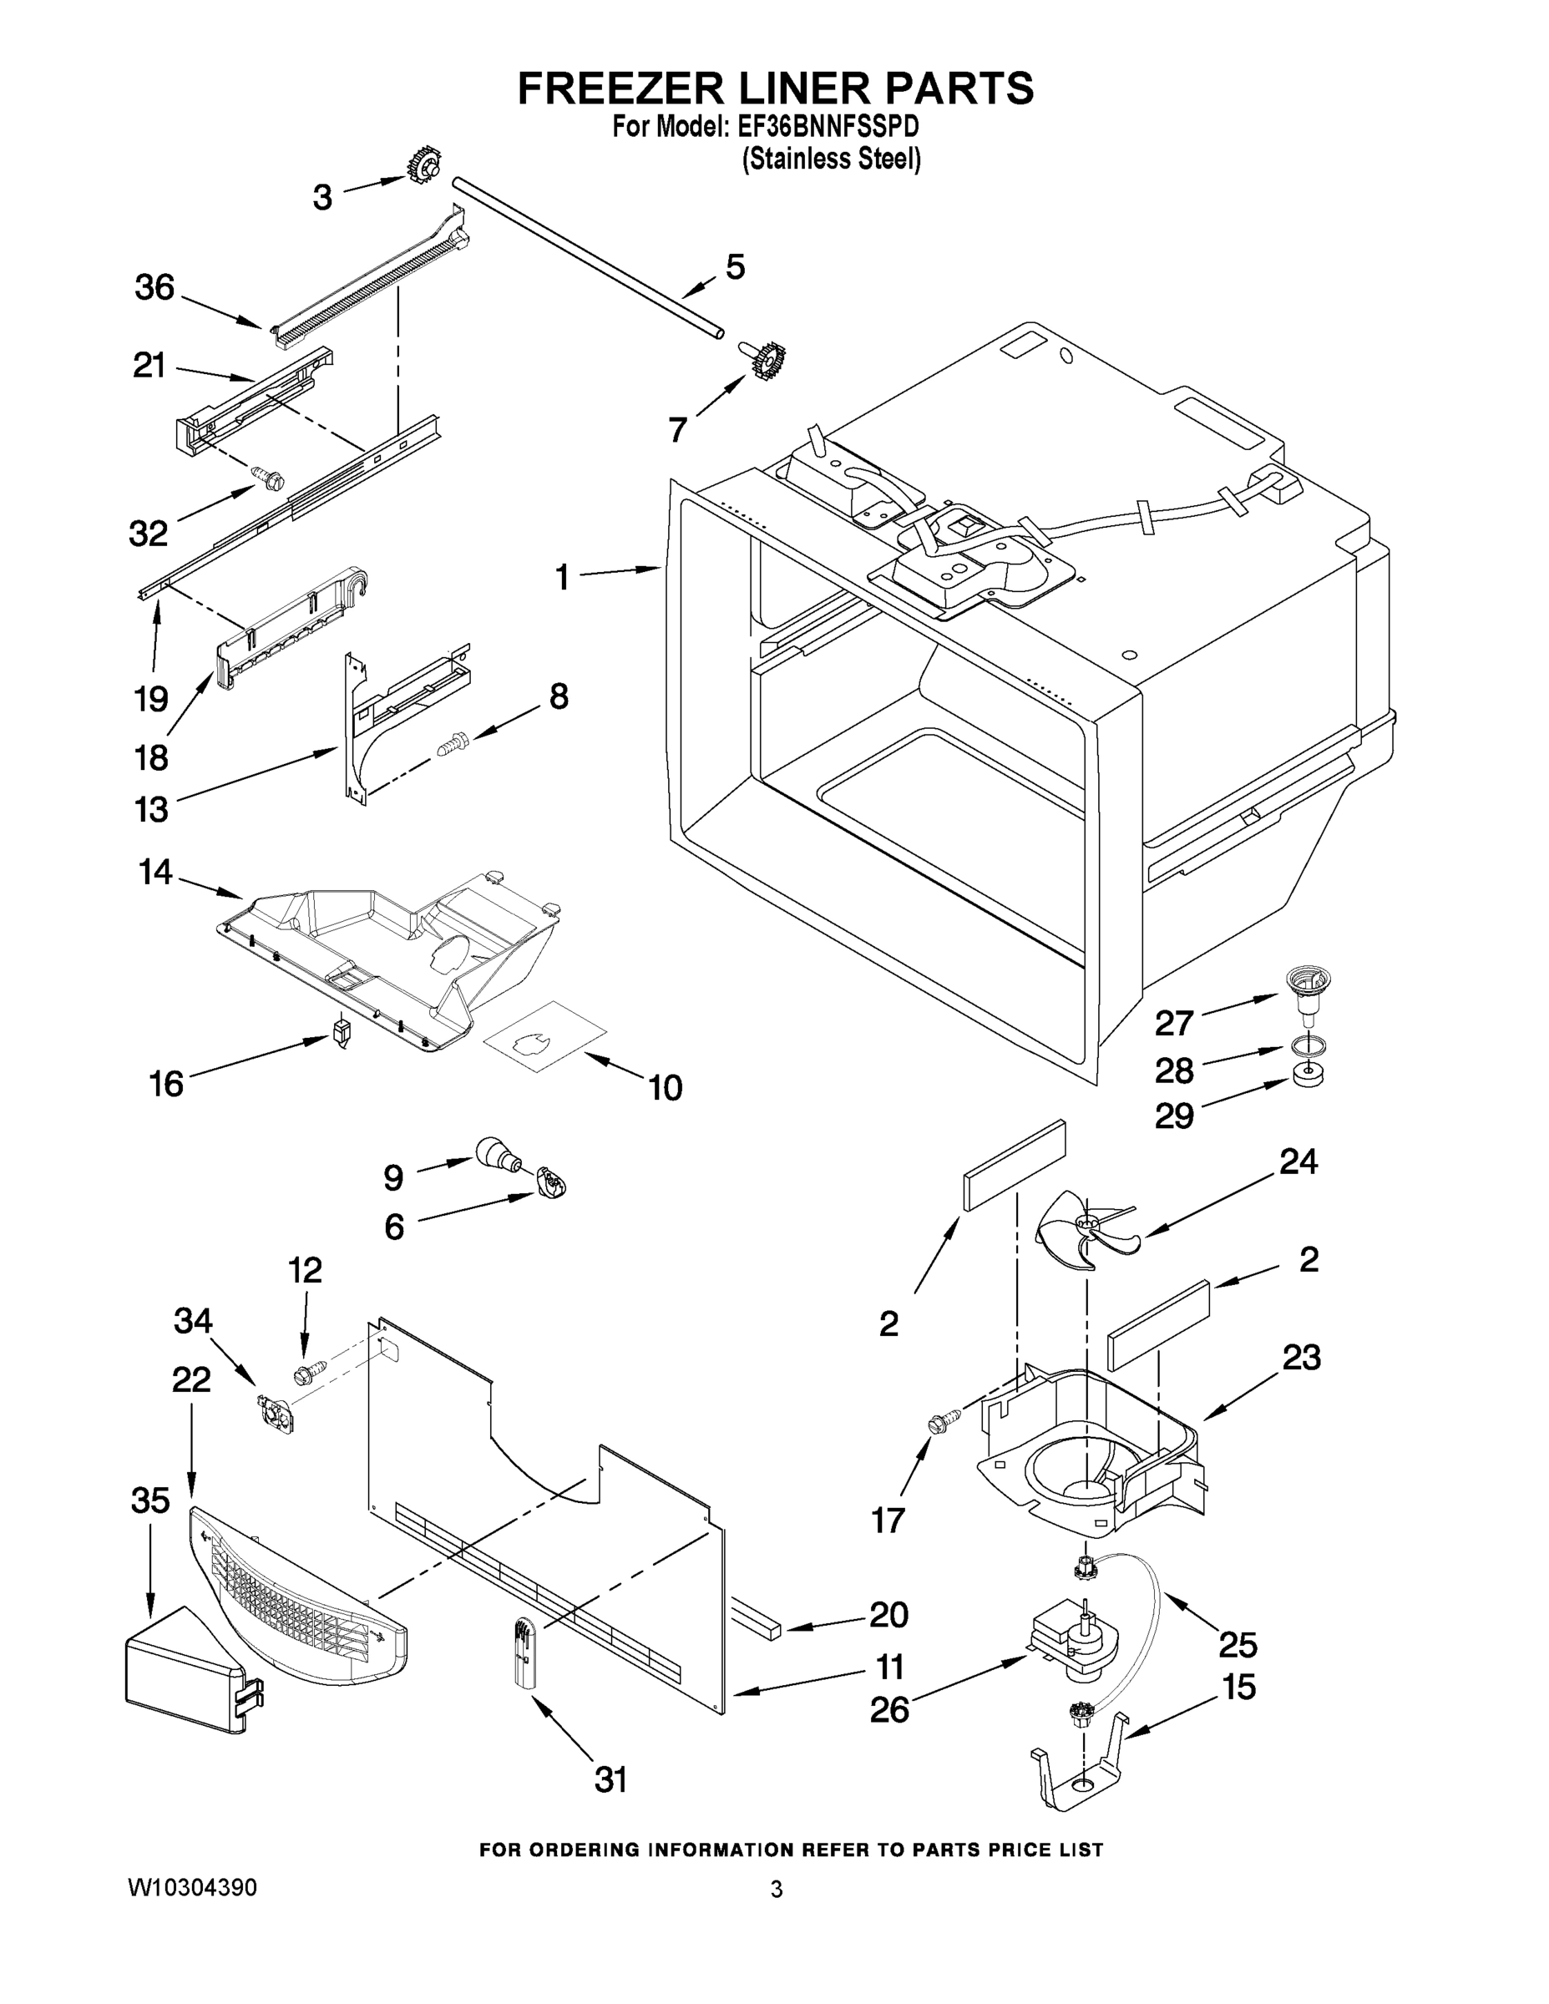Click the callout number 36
(x=154, y=288)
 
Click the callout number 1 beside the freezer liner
(x=562, y=578)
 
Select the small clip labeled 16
(x=342, y=1032)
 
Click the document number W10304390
(x=192, y=1887)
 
